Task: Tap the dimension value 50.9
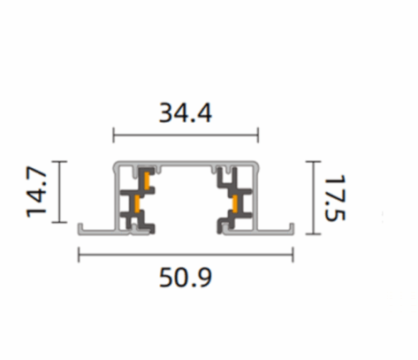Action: pyautogui.click(x=186, y=280)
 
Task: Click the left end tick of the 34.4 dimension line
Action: pyautogui.click(x=114, y=134)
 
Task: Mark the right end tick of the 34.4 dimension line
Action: pyautogui.click(x=258, y=134)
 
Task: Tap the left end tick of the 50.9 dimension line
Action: pyautogui.click(x=80, y=256)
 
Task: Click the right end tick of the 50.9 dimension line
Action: pyautogui.click(x=293, y=256)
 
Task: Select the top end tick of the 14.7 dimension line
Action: pyautogui.click(x=58, y=162)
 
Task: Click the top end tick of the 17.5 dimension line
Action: pyautogui.click(x=312, y=162)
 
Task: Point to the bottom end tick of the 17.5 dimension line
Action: pyautogui.click(x=312, y=235)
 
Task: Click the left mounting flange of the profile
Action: pyautogui.click(x=94, y=230)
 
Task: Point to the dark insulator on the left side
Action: pyautogui.click(x=137, y=199)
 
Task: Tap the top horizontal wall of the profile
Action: pyautogui.click(x=186, y=165)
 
